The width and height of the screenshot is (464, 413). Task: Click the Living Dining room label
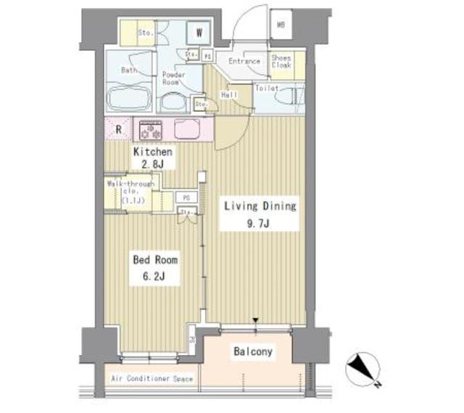[x=259, y=206]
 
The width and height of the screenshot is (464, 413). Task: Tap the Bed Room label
[x=154, y=258]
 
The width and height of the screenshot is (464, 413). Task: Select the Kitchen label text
[x=152, y=152]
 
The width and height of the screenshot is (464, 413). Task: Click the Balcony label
[x=253, y=352]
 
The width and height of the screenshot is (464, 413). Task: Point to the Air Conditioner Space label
[x=152, y=379]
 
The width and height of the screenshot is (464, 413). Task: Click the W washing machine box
[x=198, y=33]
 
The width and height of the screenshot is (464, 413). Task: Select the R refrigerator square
[x=117, y=130]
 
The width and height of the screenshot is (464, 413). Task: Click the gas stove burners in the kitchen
[x=150, y=129]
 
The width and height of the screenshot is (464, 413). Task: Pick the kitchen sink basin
[x=186, y=129]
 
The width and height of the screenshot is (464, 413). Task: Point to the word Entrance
[x=244, y=61]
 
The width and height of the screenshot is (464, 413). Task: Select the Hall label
[x=228, y=94]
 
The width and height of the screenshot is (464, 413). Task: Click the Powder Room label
[x=173, y=78]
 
